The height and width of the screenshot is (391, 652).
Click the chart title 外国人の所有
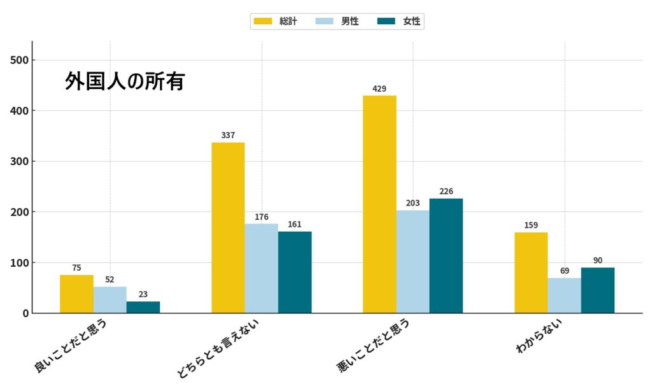point(125,82)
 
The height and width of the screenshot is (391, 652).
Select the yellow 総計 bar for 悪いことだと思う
point(379,204)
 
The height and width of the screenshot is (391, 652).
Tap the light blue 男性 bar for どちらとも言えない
point(262,268)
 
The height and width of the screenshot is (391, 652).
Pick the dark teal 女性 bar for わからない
point(598,290)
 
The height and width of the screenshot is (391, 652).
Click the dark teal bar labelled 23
point(143,307)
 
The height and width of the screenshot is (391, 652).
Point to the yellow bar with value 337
point(228,227)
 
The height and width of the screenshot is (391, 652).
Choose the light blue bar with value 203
point(413,262)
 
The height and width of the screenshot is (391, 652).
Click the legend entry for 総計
point(275,21)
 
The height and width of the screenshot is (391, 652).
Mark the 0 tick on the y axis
point(25,313)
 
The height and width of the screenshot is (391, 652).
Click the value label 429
point(379,89)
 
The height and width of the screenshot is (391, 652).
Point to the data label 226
point(446,191)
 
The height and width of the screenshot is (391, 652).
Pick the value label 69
point(564,271)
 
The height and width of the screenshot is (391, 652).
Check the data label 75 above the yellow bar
point(76,267)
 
